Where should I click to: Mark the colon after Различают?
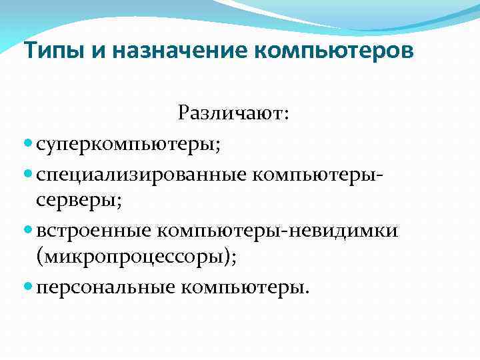(286, 115)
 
